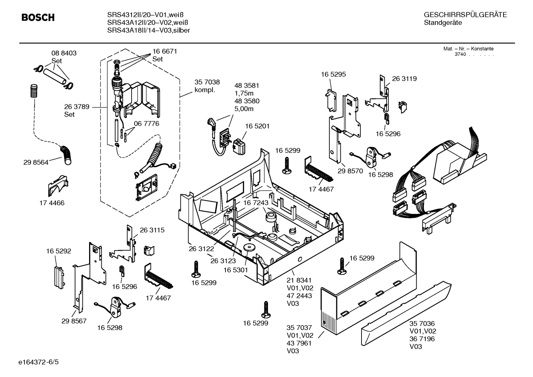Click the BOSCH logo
tap(38, 17)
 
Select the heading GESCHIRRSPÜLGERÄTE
tap(465, 15)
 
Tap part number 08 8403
tap(64, 53)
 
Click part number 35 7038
tap(207, 83)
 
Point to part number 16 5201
tap(257, 126)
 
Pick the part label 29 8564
tap(35, 162)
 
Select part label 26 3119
tap(404, 78)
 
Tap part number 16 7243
tap(255, 203)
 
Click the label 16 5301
tap(235, 270)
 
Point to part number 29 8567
tap(74, 321)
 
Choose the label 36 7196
tap(422, 339)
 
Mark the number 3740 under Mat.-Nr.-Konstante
tap(460, 54)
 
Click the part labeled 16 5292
tap(58, 276)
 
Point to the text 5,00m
tap(244, 109)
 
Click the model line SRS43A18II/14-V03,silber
tap(149, 30)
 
